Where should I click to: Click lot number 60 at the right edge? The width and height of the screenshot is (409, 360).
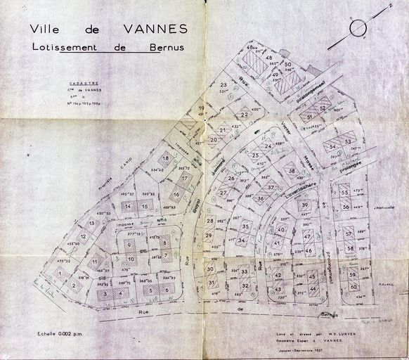(x=353, y=287)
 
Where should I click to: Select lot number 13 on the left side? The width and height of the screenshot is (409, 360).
(x=92, y=223)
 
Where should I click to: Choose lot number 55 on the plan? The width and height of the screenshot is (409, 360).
(x=345, y=192)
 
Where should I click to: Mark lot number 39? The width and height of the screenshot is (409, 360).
(x=304, y=205)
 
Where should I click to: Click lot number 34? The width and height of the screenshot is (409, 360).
(x=241, y=240)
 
